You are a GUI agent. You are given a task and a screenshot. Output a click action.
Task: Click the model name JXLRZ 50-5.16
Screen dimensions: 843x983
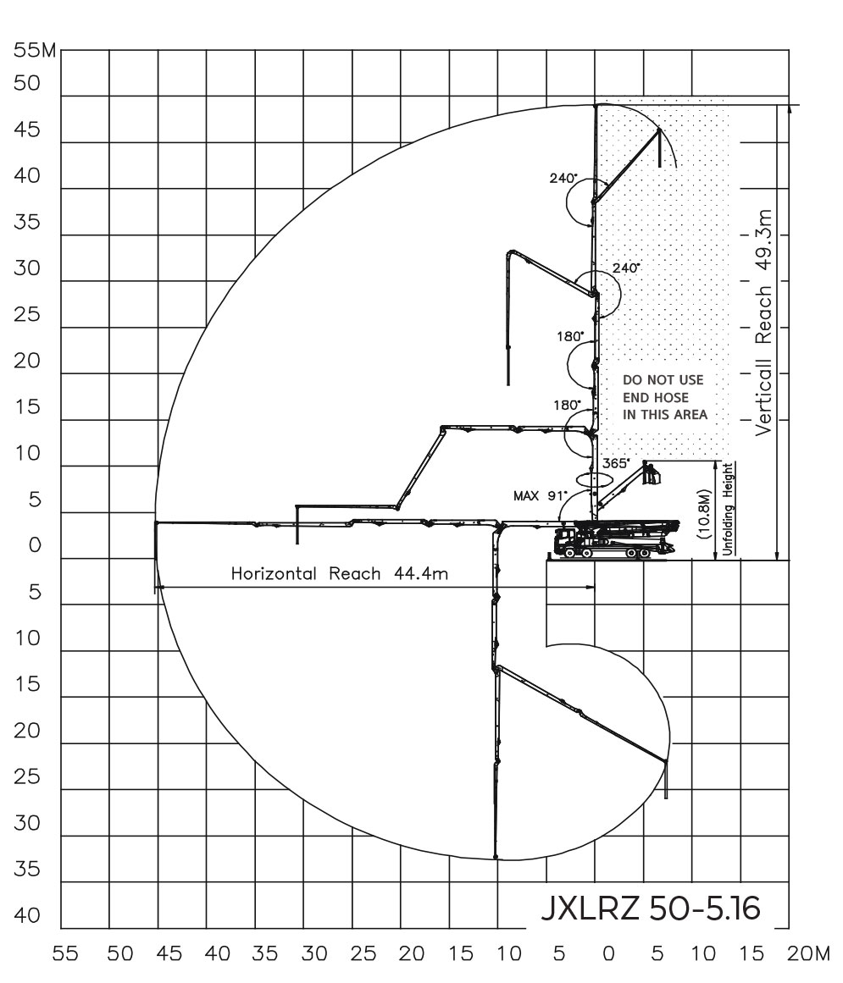[x=651, y=908]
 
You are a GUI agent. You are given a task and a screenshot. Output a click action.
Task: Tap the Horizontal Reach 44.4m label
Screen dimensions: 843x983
[x=340, y=573]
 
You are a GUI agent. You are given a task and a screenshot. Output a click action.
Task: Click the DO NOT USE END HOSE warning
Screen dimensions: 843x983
[x=665, y=397]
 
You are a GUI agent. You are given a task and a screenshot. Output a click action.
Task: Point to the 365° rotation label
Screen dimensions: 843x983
[x=616, y=463]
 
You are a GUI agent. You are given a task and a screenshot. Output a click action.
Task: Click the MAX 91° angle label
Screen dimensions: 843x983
[x=540, y=496]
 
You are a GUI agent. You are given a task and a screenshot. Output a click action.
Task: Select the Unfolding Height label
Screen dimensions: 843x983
[x=728, y=509]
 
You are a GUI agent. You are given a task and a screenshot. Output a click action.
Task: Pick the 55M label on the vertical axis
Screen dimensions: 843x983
[x=35, y=50]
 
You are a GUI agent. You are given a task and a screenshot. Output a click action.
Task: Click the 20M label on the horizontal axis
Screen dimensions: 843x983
[x=808, y=954]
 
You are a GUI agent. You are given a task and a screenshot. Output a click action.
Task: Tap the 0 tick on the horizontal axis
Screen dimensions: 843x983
[x=607, y=954]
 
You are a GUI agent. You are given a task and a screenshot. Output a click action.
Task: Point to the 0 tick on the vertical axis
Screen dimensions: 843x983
[x=35, y=544]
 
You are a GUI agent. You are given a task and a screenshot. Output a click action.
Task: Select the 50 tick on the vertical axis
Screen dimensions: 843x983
[x=27, y=83]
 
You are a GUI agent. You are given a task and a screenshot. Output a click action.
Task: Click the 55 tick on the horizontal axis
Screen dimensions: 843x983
[x=65, y=954]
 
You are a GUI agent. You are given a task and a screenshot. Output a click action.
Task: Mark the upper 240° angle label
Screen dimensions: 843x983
[x=563, y=178]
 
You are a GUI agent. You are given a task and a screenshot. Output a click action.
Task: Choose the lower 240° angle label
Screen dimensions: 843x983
[x=626, y=268]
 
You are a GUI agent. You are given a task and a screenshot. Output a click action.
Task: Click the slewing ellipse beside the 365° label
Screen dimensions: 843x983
[x=593, y=478]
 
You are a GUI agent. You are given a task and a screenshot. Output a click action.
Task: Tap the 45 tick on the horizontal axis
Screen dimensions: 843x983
[x=169, y=954]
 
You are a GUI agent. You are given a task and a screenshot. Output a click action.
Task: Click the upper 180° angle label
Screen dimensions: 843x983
[x=569, y=336]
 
